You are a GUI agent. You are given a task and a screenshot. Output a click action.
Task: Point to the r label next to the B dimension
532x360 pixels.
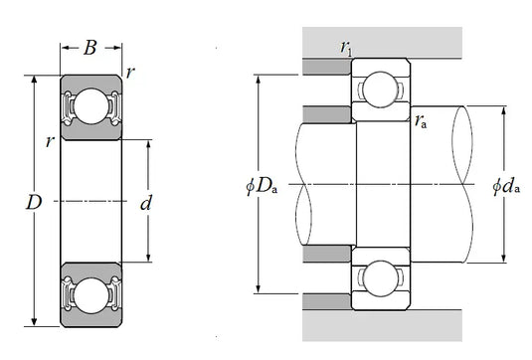point(130,74)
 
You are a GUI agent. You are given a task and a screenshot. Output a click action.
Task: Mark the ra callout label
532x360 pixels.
point(423,122)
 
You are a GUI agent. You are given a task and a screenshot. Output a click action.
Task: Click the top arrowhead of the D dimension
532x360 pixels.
point(35,79)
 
